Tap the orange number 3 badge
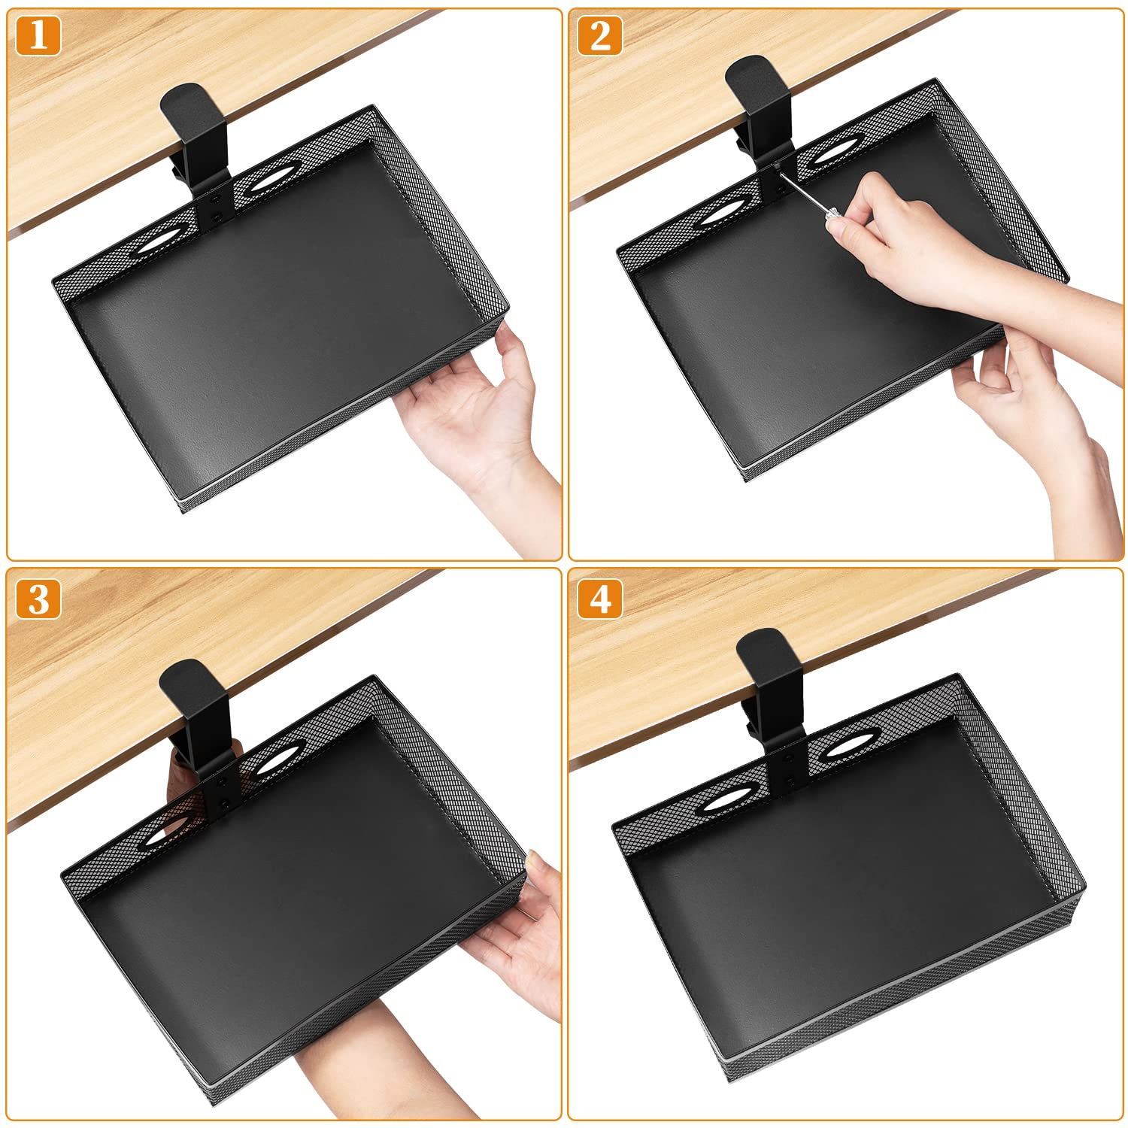click(38, 600)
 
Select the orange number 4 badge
click(600, 600)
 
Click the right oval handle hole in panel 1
click(270, 182)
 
